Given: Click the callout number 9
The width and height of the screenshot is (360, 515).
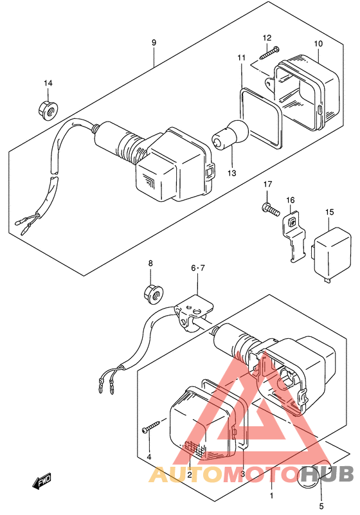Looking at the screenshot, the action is coord(154,42).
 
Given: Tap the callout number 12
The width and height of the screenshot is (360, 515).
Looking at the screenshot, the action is coord(267,38).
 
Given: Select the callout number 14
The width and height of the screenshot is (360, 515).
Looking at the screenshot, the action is coord(48,83).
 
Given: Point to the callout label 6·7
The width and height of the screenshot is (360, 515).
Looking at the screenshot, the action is coord(198,268).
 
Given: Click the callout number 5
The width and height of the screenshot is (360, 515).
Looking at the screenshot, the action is coord(321,506).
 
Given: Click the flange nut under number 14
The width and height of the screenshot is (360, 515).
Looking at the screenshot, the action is coord(48,110).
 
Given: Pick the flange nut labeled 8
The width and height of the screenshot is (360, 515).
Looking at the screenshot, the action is coord(154,294).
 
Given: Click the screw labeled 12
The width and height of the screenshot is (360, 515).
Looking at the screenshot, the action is coord(274,53).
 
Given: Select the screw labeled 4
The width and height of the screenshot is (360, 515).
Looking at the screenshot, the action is coord(152,426).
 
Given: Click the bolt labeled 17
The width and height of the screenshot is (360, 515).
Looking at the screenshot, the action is coord(271,208).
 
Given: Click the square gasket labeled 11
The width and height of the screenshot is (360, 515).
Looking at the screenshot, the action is coord(260,116).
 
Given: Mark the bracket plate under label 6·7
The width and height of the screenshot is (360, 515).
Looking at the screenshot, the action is coord(194,311).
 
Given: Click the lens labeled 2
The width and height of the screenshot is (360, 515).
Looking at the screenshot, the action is coord(204,426).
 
